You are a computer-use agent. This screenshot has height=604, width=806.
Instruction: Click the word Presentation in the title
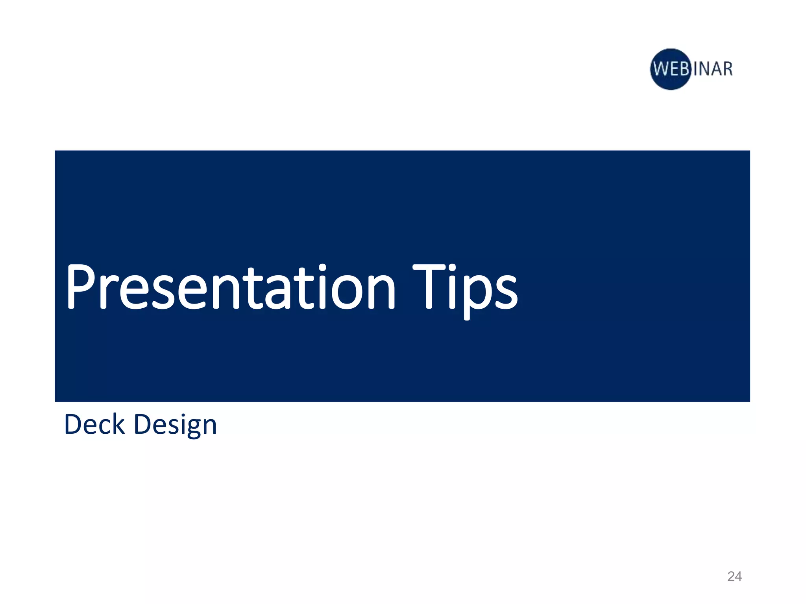point(230,287)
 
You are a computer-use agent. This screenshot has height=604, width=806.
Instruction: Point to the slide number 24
point(734,576)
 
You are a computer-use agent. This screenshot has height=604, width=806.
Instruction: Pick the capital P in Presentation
point(81,286)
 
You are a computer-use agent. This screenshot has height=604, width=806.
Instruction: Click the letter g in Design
point(188,429)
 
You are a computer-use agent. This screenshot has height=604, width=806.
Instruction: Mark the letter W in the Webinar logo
point(662,69)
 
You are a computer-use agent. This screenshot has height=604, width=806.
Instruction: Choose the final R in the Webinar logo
point(727,69)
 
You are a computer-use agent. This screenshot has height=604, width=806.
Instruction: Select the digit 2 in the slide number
point(731,576)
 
